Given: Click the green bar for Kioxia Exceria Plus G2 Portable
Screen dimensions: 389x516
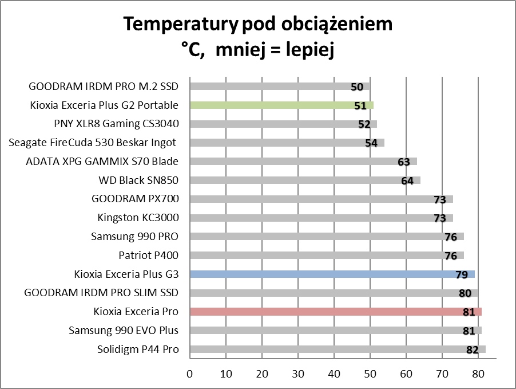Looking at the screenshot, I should tap(280, 105).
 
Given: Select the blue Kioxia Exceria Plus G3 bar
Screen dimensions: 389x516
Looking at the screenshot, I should tap(332, 274).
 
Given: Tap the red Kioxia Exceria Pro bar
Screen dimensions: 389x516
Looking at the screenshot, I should tap(335, 312).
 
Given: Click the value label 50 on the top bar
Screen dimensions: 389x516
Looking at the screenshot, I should tap(357, 87).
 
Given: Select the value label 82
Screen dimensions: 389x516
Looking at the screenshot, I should tap(472, 350).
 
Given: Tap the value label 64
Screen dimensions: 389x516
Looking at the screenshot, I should tap(407, 181).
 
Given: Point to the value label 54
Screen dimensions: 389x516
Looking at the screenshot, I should tap(371, 143).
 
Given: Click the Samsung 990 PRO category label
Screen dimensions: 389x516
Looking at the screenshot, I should tap(134, 236).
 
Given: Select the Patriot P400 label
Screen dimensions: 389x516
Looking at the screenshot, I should tap(148, 255).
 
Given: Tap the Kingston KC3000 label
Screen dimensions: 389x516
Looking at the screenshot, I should tap(138, 218).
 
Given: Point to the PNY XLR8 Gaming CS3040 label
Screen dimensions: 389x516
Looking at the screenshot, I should tap(116, 124).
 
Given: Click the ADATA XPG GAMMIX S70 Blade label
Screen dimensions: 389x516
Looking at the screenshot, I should tap(102, 162).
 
